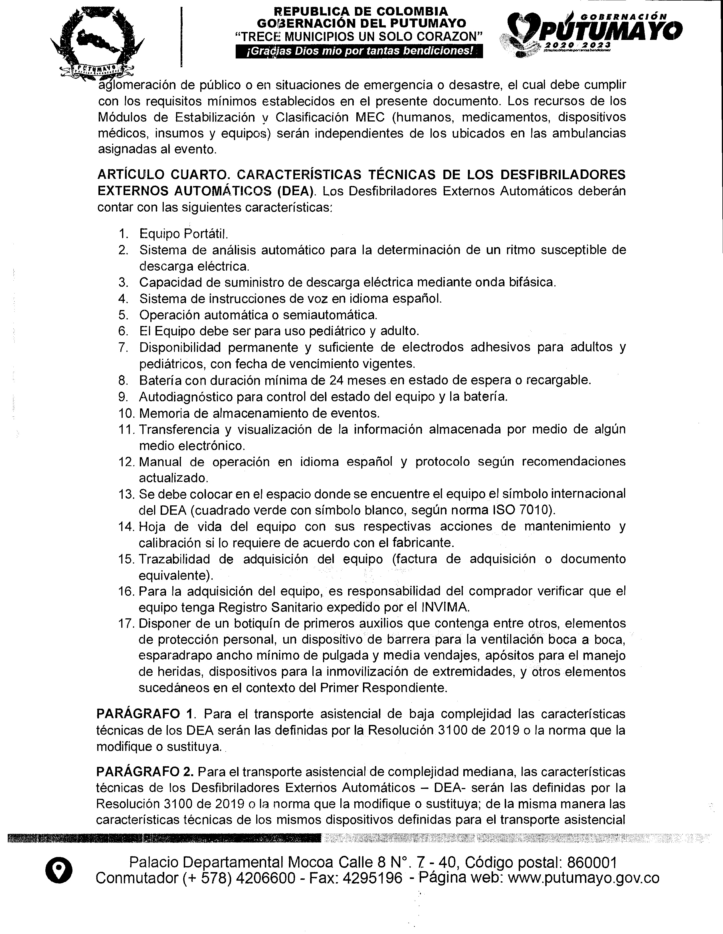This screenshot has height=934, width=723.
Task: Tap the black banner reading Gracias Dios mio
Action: point(360,52)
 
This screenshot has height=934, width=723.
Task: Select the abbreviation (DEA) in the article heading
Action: point(296,191)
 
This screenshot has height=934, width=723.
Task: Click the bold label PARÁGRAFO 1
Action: point(146,714)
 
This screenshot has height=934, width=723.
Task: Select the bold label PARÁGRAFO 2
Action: point(146,772)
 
